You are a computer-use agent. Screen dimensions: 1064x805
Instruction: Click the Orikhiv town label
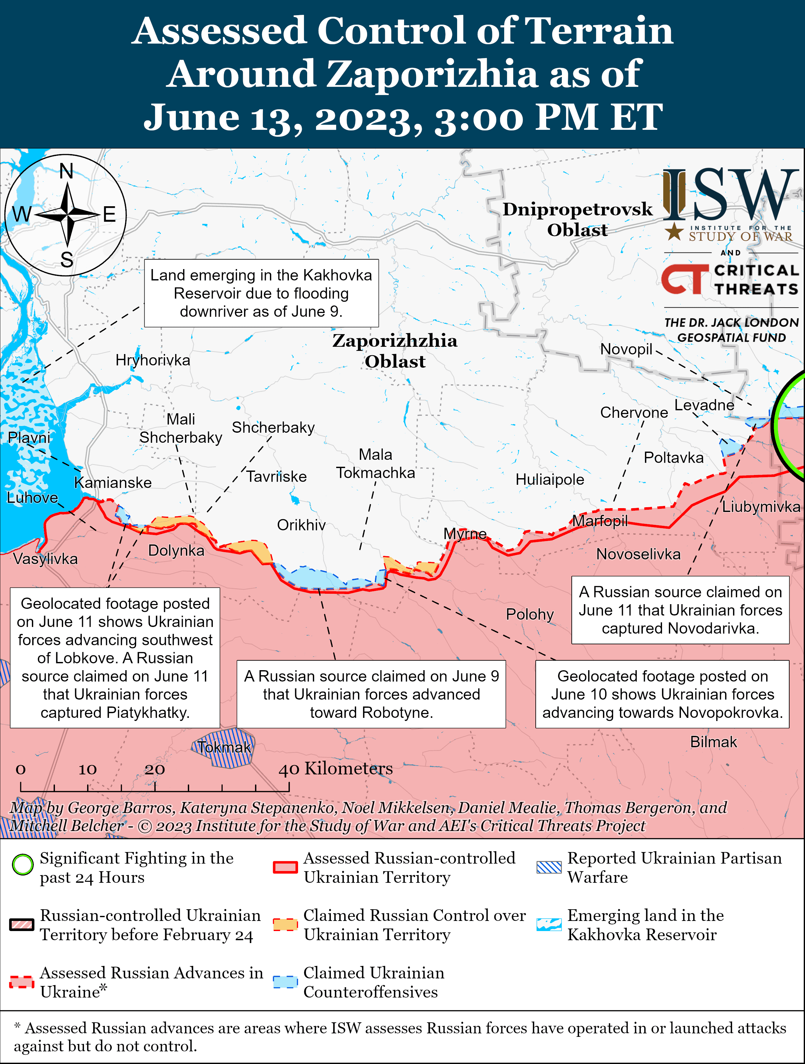tap(301, 525)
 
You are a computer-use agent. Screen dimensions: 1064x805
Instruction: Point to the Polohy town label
tap(529, 614)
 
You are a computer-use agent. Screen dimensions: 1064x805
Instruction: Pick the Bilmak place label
tap(713, 742)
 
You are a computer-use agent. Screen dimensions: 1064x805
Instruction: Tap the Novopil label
tap(626, 349)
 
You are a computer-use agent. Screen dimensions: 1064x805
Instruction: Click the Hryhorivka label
tap(152, 360)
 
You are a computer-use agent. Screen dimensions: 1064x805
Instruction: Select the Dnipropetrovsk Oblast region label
tap(577, 219)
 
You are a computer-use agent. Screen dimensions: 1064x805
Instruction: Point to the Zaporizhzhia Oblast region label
tap(395, 351)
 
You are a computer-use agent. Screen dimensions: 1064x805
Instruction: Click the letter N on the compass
tap(66, 171)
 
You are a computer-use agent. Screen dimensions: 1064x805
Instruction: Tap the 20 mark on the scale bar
tap(155, 770)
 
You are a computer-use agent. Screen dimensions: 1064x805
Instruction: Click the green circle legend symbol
tap(23, 864)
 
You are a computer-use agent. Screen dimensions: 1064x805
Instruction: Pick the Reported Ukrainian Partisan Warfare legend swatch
tap(549, 867)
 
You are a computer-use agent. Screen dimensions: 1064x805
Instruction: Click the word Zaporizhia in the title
tap(432, 74)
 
